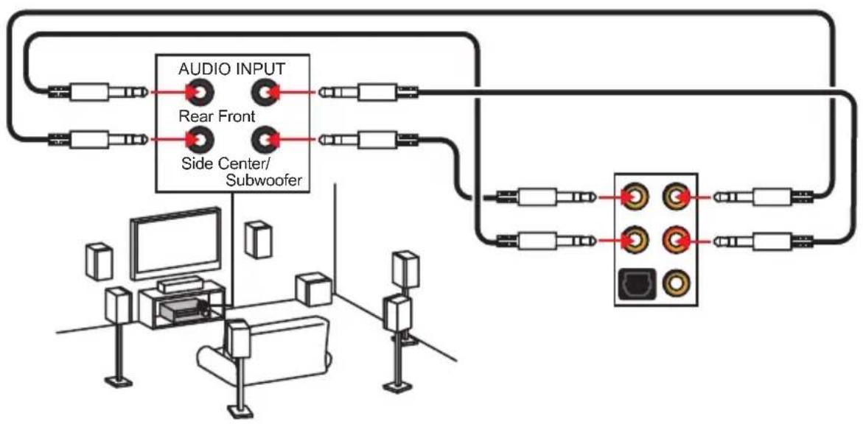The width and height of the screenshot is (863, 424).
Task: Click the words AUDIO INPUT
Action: click(x=231, y=69)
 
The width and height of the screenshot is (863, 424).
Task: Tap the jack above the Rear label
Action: click(x=199, y=93)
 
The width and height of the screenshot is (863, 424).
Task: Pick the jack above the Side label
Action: click(x=199, y=141)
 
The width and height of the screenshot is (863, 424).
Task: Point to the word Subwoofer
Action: click(x=264, y=180)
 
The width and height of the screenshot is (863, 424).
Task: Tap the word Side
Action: click(x=195, y=163)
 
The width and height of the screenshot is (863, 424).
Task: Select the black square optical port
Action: click(x=634, y=283)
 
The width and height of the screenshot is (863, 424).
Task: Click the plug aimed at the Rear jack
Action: click(x=98, y=93)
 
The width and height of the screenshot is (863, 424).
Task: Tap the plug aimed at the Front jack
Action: click(x=368, y=93)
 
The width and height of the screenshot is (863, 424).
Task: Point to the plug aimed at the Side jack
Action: click(x=98, y=140)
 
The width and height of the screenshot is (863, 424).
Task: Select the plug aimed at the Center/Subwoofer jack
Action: click(x=368, y=140)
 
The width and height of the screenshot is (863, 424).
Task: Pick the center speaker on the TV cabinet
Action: click(x=179, y=285)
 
